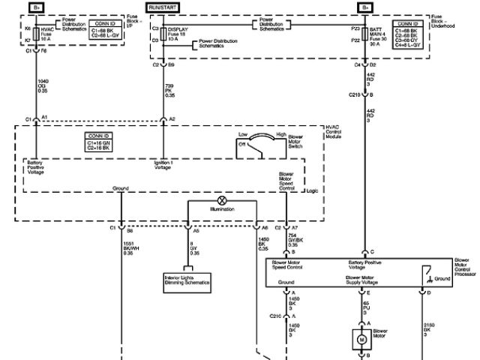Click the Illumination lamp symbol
tap(221, 201)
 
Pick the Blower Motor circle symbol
tap(361, 338)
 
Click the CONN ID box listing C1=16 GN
tap(104, 141)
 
